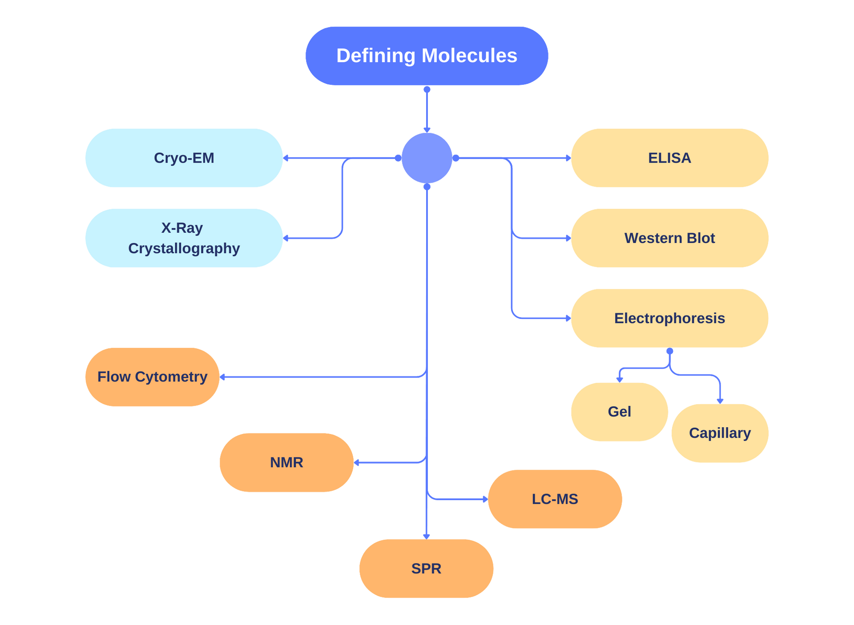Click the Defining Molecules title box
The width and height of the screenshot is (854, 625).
pos(427,56)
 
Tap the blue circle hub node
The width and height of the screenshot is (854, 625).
pos(427,158)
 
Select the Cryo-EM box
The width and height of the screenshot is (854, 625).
pos(184,158)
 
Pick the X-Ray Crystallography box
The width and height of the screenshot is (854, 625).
pos(184,238)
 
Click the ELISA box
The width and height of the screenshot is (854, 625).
pos(669,158)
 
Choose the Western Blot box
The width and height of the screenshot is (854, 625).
pos(669,238)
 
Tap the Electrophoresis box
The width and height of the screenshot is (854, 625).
pos(669,318)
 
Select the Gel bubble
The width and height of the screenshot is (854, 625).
pos(619,412)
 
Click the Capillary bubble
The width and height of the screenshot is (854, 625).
pos(720,433)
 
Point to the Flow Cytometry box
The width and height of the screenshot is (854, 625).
pos(152,377)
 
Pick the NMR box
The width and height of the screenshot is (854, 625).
pos(286,462)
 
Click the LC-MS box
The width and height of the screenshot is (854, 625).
pos(555,499)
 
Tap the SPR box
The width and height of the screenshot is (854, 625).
pos(426,569)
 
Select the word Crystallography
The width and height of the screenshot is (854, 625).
pos(184,248)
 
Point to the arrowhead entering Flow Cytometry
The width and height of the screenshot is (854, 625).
pos(223,377)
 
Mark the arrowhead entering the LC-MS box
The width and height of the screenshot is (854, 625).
pos(485,499)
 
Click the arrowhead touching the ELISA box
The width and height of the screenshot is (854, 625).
pos(568,158)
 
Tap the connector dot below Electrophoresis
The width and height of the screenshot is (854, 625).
pos(669,352)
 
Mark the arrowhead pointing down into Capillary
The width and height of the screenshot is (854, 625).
pos(720,400)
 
